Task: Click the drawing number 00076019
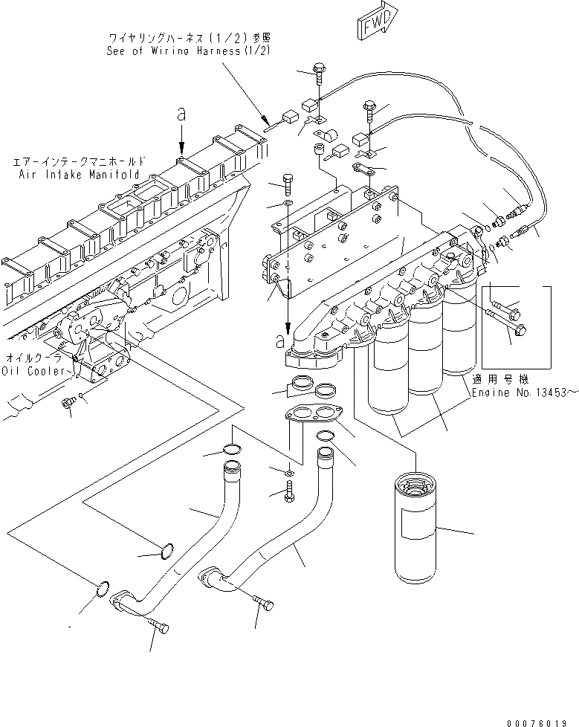click(542, 719)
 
